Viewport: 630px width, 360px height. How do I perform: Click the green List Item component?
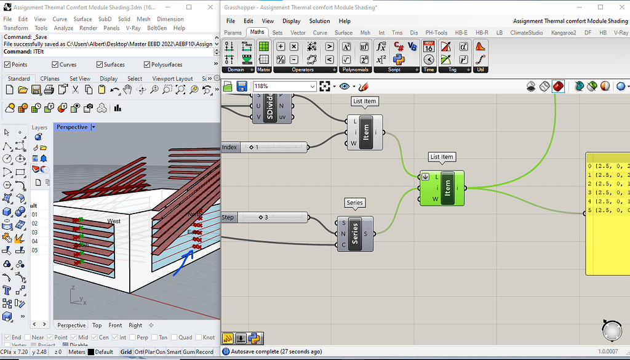tap(447, 188)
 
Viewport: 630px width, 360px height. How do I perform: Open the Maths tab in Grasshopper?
tap(257, 33)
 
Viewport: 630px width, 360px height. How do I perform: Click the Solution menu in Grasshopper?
tap(319, 21)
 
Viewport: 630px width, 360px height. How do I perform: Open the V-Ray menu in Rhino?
tap(133, 28)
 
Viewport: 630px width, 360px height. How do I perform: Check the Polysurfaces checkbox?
tap(147, 65)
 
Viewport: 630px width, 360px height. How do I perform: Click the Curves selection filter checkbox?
tap(55, 65)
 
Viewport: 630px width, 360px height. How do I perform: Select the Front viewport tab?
tap(115, 325)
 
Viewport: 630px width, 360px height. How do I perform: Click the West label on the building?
tap(114, 221)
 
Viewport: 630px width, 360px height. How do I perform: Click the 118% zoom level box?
tap(284, 87)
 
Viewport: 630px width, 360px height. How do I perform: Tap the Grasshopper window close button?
tap(618, 7)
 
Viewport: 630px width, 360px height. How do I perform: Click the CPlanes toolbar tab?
tap(50, 79)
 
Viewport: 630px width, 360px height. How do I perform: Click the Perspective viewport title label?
tap(71, 127)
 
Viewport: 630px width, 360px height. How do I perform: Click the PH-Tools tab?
tap(436, 33)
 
